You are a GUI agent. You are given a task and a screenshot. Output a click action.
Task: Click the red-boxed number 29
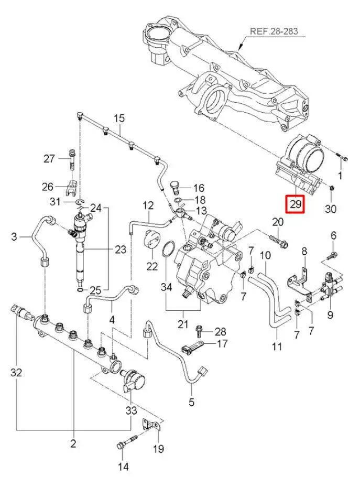click(x=296, y=204)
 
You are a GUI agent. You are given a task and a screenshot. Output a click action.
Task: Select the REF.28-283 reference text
click(x=274, y=31)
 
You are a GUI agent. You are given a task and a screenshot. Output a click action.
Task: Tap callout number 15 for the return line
click(x=120, y=118)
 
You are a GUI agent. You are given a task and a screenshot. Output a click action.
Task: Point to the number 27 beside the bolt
click(x=49, y=159)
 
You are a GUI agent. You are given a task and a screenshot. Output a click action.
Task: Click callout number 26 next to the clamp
click(x=48, y=187)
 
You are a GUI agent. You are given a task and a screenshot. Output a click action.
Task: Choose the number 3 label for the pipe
click(x=15, y=237)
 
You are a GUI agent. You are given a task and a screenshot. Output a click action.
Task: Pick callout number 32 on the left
click(x=16, y=373)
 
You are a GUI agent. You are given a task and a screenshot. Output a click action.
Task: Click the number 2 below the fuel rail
click(x=73, y=444)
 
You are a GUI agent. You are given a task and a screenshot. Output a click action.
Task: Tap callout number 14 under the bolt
click(x=123, y=467)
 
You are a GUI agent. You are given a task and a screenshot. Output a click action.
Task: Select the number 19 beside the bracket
click(x=158, y=449)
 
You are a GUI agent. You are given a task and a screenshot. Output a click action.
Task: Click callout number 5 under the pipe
click(x=191, y=402)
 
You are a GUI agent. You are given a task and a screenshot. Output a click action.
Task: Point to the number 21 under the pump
click(x=182, y=324)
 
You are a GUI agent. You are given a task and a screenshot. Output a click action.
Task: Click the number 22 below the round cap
click(x=152, y=266)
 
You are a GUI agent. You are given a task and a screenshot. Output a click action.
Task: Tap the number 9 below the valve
click(x=330, y=315)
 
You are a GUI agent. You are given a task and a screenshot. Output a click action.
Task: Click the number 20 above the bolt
click(x=277, y=222)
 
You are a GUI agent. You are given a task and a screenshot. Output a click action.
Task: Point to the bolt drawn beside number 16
click(x=177, y=187)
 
